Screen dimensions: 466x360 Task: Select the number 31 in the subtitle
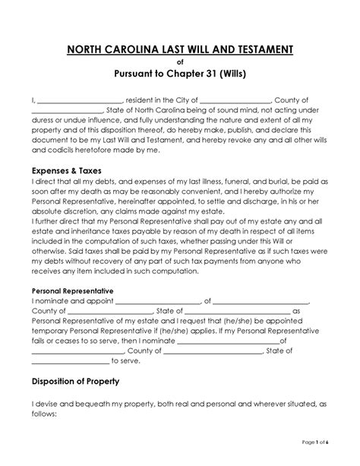point(214,76)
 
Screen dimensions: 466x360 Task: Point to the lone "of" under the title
point(180,63)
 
